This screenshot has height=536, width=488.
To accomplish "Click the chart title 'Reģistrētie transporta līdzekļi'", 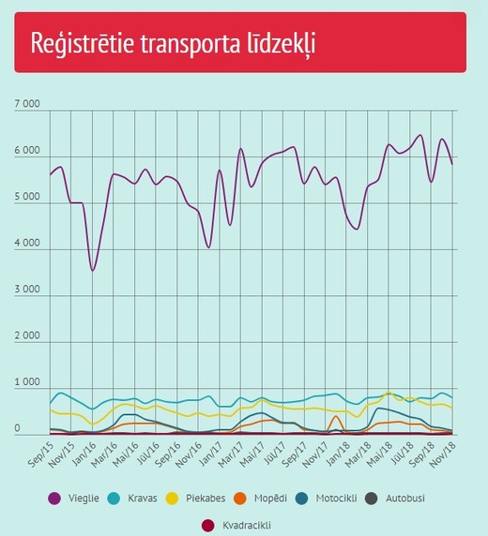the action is (173, 43).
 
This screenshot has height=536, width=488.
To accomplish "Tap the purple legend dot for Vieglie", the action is (54, 499).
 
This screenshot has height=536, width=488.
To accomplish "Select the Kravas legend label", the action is (143, 499).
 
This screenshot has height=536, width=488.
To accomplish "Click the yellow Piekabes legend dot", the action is (173, 499).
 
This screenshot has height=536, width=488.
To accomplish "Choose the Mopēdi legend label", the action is (270, 499).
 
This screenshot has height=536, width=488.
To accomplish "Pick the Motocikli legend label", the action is (336, 499).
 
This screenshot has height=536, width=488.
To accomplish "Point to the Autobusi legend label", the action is (405, 499).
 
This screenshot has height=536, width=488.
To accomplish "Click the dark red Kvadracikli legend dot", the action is (208, 526).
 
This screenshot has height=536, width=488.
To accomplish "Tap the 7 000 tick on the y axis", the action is (27, 104).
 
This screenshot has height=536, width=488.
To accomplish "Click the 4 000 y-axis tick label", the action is (27, 243).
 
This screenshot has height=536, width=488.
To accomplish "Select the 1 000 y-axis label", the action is (27, 381).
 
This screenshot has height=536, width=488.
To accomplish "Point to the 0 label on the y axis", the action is (17, 428).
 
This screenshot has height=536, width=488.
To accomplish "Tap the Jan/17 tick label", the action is (211, 454).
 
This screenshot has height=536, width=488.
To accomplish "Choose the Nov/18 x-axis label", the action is (443, 454).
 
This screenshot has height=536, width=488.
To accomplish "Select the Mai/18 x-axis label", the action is (379, 454).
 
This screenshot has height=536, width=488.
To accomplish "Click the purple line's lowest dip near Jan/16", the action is (93, 271).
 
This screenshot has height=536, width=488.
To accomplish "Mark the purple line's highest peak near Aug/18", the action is (420, 135).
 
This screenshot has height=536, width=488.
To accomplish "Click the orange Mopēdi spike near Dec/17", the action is (336, 416).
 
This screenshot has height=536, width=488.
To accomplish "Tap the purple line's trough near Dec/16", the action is (209, 247).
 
